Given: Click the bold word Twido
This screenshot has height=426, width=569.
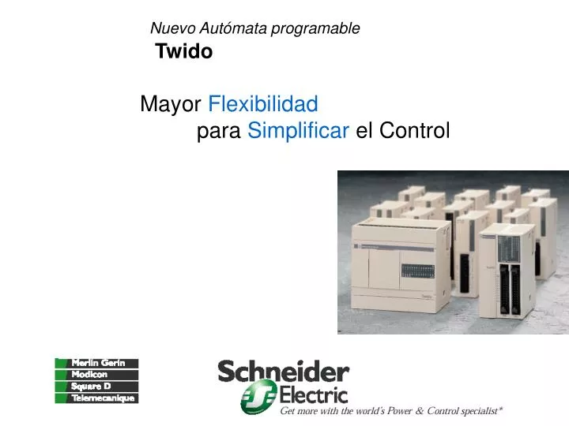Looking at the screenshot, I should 184,52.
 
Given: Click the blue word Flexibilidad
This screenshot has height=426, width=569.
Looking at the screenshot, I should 263,104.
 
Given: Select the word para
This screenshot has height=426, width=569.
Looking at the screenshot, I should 219,131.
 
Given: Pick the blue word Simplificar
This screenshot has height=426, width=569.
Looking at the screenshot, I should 298,131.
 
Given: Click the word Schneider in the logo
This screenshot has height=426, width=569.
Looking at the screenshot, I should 283,372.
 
